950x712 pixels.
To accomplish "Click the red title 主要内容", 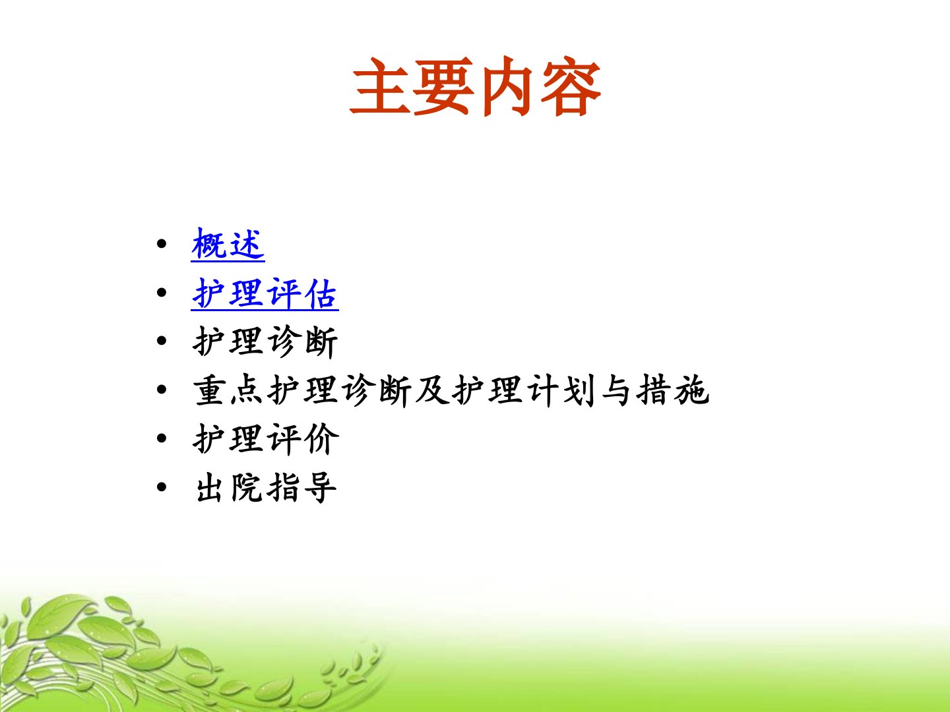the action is pos(475,86).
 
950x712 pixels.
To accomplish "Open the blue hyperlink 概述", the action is pos(228,244).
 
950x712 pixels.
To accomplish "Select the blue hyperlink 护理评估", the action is pos(265,293).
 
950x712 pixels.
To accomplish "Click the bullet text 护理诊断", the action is pos(265,342).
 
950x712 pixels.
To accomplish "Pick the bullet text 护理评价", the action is pos(265,439).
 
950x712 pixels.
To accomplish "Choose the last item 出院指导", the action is pos(266,488).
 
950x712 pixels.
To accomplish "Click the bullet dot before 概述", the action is pos(162,244).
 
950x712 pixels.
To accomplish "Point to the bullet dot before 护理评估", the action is pos(162,293).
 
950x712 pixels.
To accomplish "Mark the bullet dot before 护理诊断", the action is pos(162,341).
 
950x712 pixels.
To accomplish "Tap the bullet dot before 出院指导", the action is pos(162,487).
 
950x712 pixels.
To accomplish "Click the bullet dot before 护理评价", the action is pos(162,438).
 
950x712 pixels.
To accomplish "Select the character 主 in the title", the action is pos(380,86).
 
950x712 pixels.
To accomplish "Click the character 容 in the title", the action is pos(571,87).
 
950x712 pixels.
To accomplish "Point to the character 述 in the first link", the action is pos(247,244).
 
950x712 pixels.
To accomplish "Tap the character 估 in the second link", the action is pos(320,293).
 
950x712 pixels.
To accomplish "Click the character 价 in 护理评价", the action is pos(321,439).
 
